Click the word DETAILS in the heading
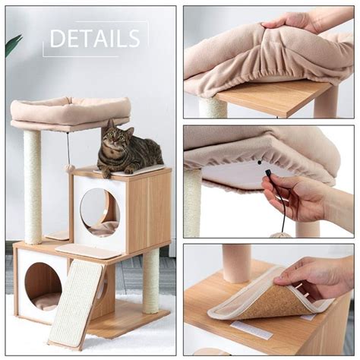point(95,38)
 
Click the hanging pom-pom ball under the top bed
point(68,168)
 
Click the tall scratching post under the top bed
point(33,188)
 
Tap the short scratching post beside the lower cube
point(150,280)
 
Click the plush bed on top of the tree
point(71,112)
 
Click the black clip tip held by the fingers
point(267,172)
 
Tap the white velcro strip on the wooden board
point(252,330)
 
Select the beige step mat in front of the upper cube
point(85,251)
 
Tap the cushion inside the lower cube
point(46,302)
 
